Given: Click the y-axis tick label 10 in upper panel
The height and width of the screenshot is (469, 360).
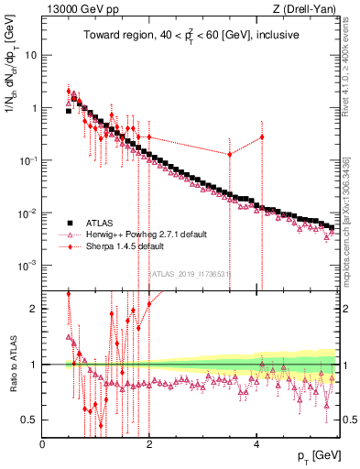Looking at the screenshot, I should point(30,54).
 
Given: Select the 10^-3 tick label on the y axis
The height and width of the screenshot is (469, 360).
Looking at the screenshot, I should point(27,266).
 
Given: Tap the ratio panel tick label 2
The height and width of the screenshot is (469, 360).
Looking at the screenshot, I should point(34,309).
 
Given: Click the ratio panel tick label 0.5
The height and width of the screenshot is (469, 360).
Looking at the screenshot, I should point(29,420).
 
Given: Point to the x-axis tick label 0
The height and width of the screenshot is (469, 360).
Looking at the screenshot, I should point(42,444).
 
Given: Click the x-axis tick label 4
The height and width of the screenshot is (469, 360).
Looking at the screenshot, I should point(256,444).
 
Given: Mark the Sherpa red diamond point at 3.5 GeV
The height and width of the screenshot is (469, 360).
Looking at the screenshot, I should point(230,154).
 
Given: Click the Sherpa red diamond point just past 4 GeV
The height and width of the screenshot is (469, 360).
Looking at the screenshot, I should point(262,137).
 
